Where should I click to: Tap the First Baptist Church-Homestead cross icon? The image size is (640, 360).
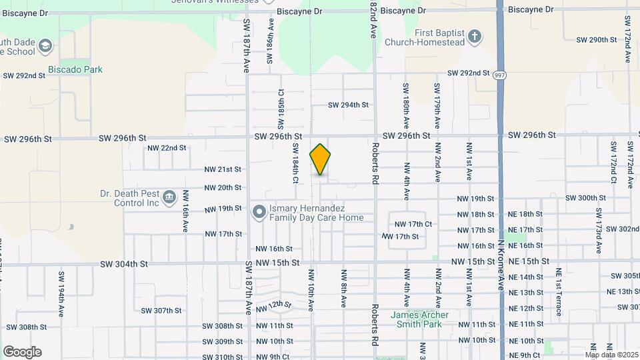pyautogui.click(x=474, y=36)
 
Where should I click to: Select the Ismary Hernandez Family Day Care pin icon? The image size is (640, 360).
pyautogui.click(x=259, y=212)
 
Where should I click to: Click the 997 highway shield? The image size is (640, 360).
pyautogui.click(x=499, y=76)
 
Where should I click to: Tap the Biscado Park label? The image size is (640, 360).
pyautogui.click(x=75, y=69)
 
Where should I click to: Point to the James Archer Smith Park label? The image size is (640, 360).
pyautogui.click(x=419, y=319)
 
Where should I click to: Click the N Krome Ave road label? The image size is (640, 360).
pyautogui.click(x=501, y=266)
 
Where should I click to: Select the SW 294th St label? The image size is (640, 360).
pyautogui.click(x=349, y=105)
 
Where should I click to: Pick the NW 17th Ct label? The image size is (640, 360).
pyautogui.click(x=413, y=224)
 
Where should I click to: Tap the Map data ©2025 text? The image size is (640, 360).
pyautogui.click(x=611, y=355)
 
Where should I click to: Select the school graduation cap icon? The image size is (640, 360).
pyautogui.click(x=45, y=46)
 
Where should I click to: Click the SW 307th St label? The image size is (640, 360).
pyautogui.click(x=161, y=310)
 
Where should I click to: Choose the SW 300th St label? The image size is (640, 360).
pyautogui.click(x=585, y=198)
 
